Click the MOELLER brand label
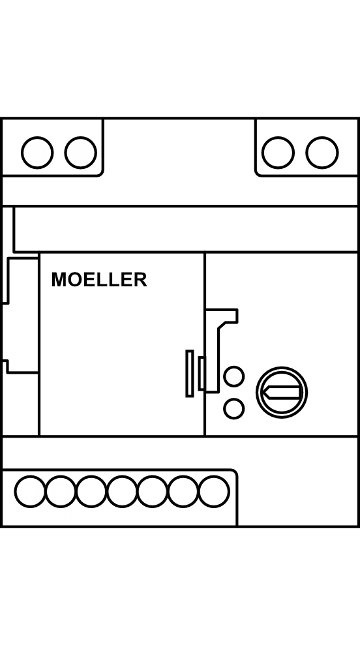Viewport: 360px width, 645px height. click(99, 280)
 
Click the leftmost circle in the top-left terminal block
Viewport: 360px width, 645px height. click(37, 153)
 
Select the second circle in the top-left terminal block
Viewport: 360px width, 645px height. click(81, 153)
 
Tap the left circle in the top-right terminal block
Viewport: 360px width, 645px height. click(278, 153)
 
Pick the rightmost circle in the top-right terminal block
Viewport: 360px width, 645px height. click(322, 153)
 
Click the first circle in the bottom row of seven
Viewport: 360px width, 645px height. click(31, 491)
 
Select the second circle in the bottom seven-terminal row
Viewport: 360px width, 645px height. click(61, 491)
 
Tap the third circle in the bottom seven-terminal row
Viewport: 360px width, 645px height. click(91, 491)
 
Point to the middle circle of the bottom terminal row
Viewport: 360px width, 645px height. click(122, 491)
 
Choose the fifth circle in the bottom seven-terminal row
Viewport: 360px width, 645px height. click(153, 491)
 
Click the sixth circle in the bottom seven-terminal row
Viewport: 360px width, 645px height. click(183, 491)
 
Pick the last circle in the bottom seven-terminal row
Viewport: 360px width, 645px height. click(214, 491)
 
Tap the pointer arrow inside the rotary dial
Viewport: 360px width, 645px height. click(282, 393)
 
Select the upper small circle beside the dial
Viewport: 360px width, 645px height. click(233, 376)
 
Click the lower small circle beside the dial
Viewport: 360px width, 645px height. click(233, 409)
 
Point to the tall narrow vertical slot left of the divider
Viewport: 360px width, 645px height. click(190, 374)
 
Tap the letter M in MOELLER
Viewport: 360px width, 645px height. click(59, 280)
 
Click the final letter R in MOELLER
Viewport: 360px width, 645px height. click(140, 280)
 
